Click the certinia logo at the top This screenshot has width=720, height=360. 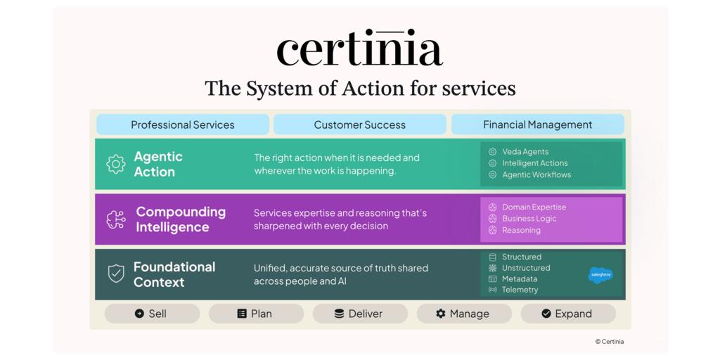click(x=359, y=48)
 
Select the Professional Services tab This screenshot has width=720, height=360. click(x=183, y=124)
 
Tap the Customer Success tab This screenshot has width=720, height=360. click(x=359, y=124)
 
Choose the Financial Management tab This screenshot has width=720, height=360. click(x=538, y=124)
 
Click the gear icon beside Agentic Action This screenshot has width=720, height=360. click(x=116, y=164)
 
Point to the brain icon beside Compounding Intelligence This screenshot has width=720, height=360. click(x=116, y=219)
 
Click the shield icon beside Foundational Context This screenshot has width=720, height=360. click(x=116, y=274)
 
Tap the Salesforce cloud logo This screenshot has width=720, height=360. click(x=600, y=275)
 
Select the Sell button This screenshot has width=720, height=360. click(x=152, y=314)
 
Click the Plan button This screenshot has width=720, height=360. click(x=256, y=314)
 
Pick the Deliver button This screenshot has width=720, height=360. click(x=360, y=314)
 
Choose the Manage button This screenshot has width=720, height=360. click(x=464, y=314)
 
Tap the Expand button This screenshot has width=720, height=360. click(x=568, y=314)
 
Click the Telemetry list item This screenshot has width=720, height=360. click(x=513, y=290)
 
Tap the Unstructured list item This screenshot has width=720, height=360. click(x=520, y=268)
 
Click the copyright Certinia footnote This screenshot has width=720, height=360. click(x=610, y=342)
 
